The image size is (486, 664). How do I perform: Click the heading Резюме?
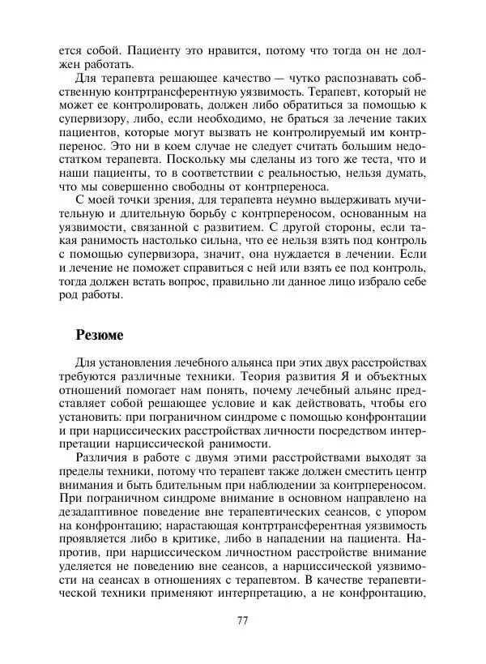pyautogui.click(x=100, y=333)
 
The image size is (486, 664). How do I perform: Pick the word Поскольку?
pyautogui.click(x=197, y=161)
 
